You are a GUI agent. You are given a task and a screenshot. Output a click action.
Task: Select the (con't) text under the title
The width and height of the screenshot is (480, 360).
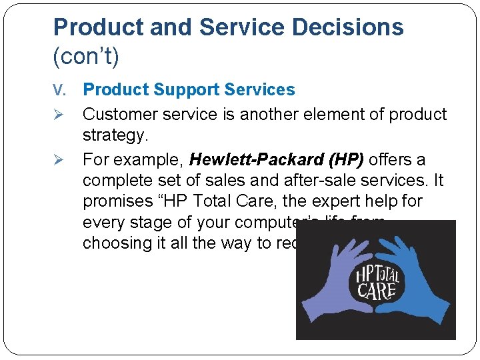[86, 57]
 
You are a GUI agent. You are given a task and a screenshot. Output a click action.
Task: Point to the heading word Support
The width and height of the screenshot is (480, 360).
[189, 89]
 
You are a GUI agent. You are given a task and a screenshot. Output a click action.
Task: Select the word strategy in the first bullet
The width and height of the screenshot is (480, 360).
[114, 136]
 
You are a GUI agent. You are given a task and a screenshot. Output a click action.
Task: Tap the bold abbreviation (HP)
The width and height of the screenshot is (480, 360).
[343, 160]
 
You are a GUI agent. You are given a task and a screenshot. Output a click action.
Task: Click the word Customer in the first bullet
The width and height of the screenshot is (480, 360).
[120, 115]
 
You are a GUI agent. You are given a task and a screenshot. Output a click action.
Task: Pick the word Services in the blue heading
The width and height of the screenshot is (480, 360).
[263, 89]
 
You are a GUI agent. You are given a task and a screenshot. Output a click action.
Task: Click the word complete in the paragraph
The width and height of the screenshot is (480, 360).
[118, 181]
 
